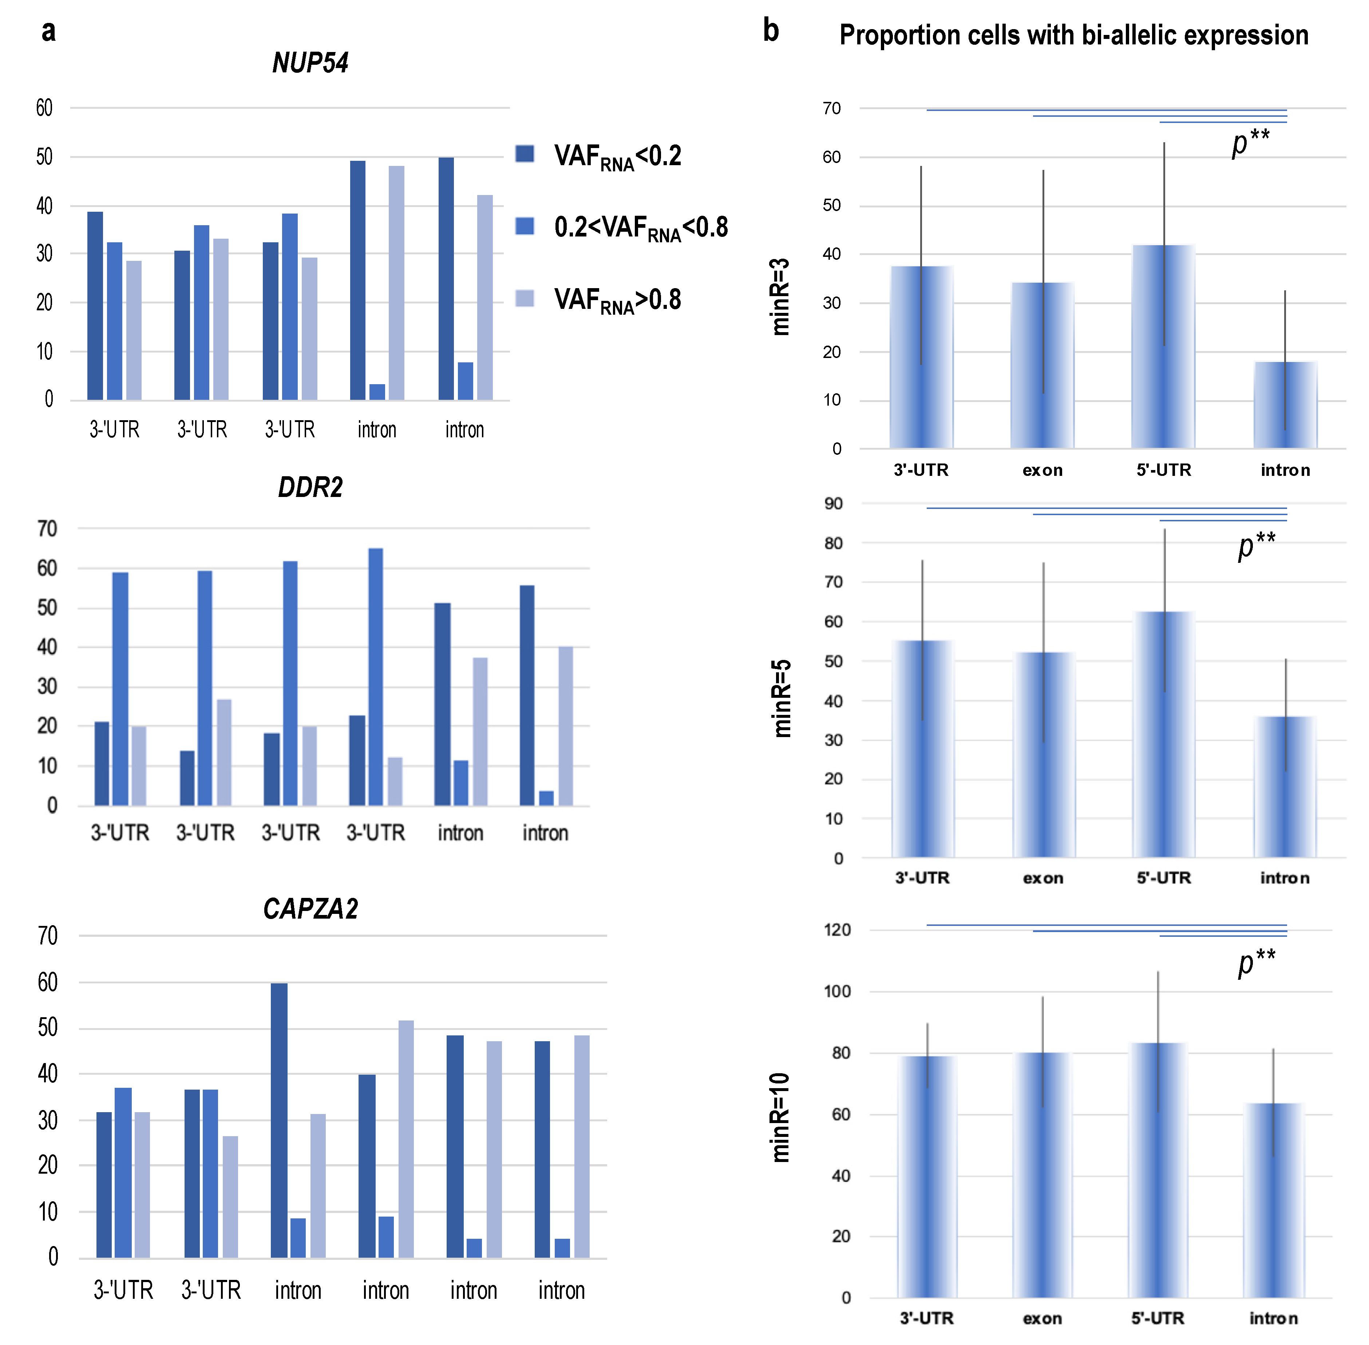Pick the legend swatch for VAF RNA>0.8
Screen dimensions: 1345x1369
[525, 298]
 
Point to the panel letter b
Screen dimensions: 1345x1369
[770, 31]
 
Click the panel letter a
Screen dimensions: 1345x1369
[48, 31]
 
